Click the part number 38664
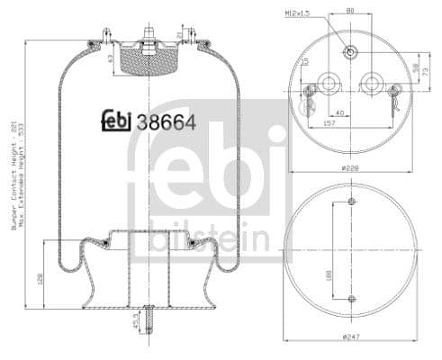[167, 122]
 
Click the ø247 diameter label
[351, 337]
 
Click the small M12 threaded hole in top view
[351, 51]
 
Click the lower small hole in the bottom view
[351, 298]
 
